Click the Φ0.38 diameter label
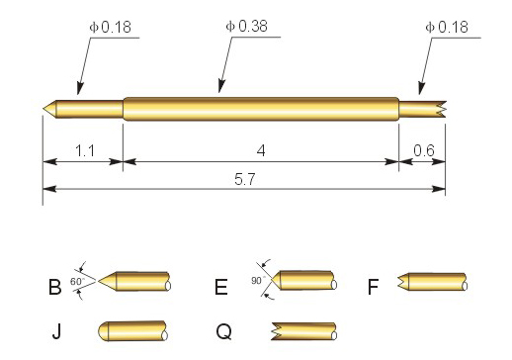pyautogui.click(x=246, y=26)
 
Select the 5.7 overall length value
pyautogui.click(x=245, y=180)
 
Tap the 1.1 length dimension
pyautogui.click(x=85, y=151)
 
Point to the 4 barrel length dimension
pyautogui.click(x=261, y=151)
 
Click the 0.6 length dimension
pyautogui.click(x=424, y=151)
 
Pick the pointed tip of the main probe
pyautogui.click(x=43, y=108)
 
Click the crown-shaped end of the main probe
pyautogui.click(x=441, y=109)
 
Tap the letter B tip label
pyautogui.click(x=54, y=287)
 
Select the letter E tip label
pyautogui.click(x=221, y=287)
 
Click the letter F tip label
pyautogui.click(x=373, y=287)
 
